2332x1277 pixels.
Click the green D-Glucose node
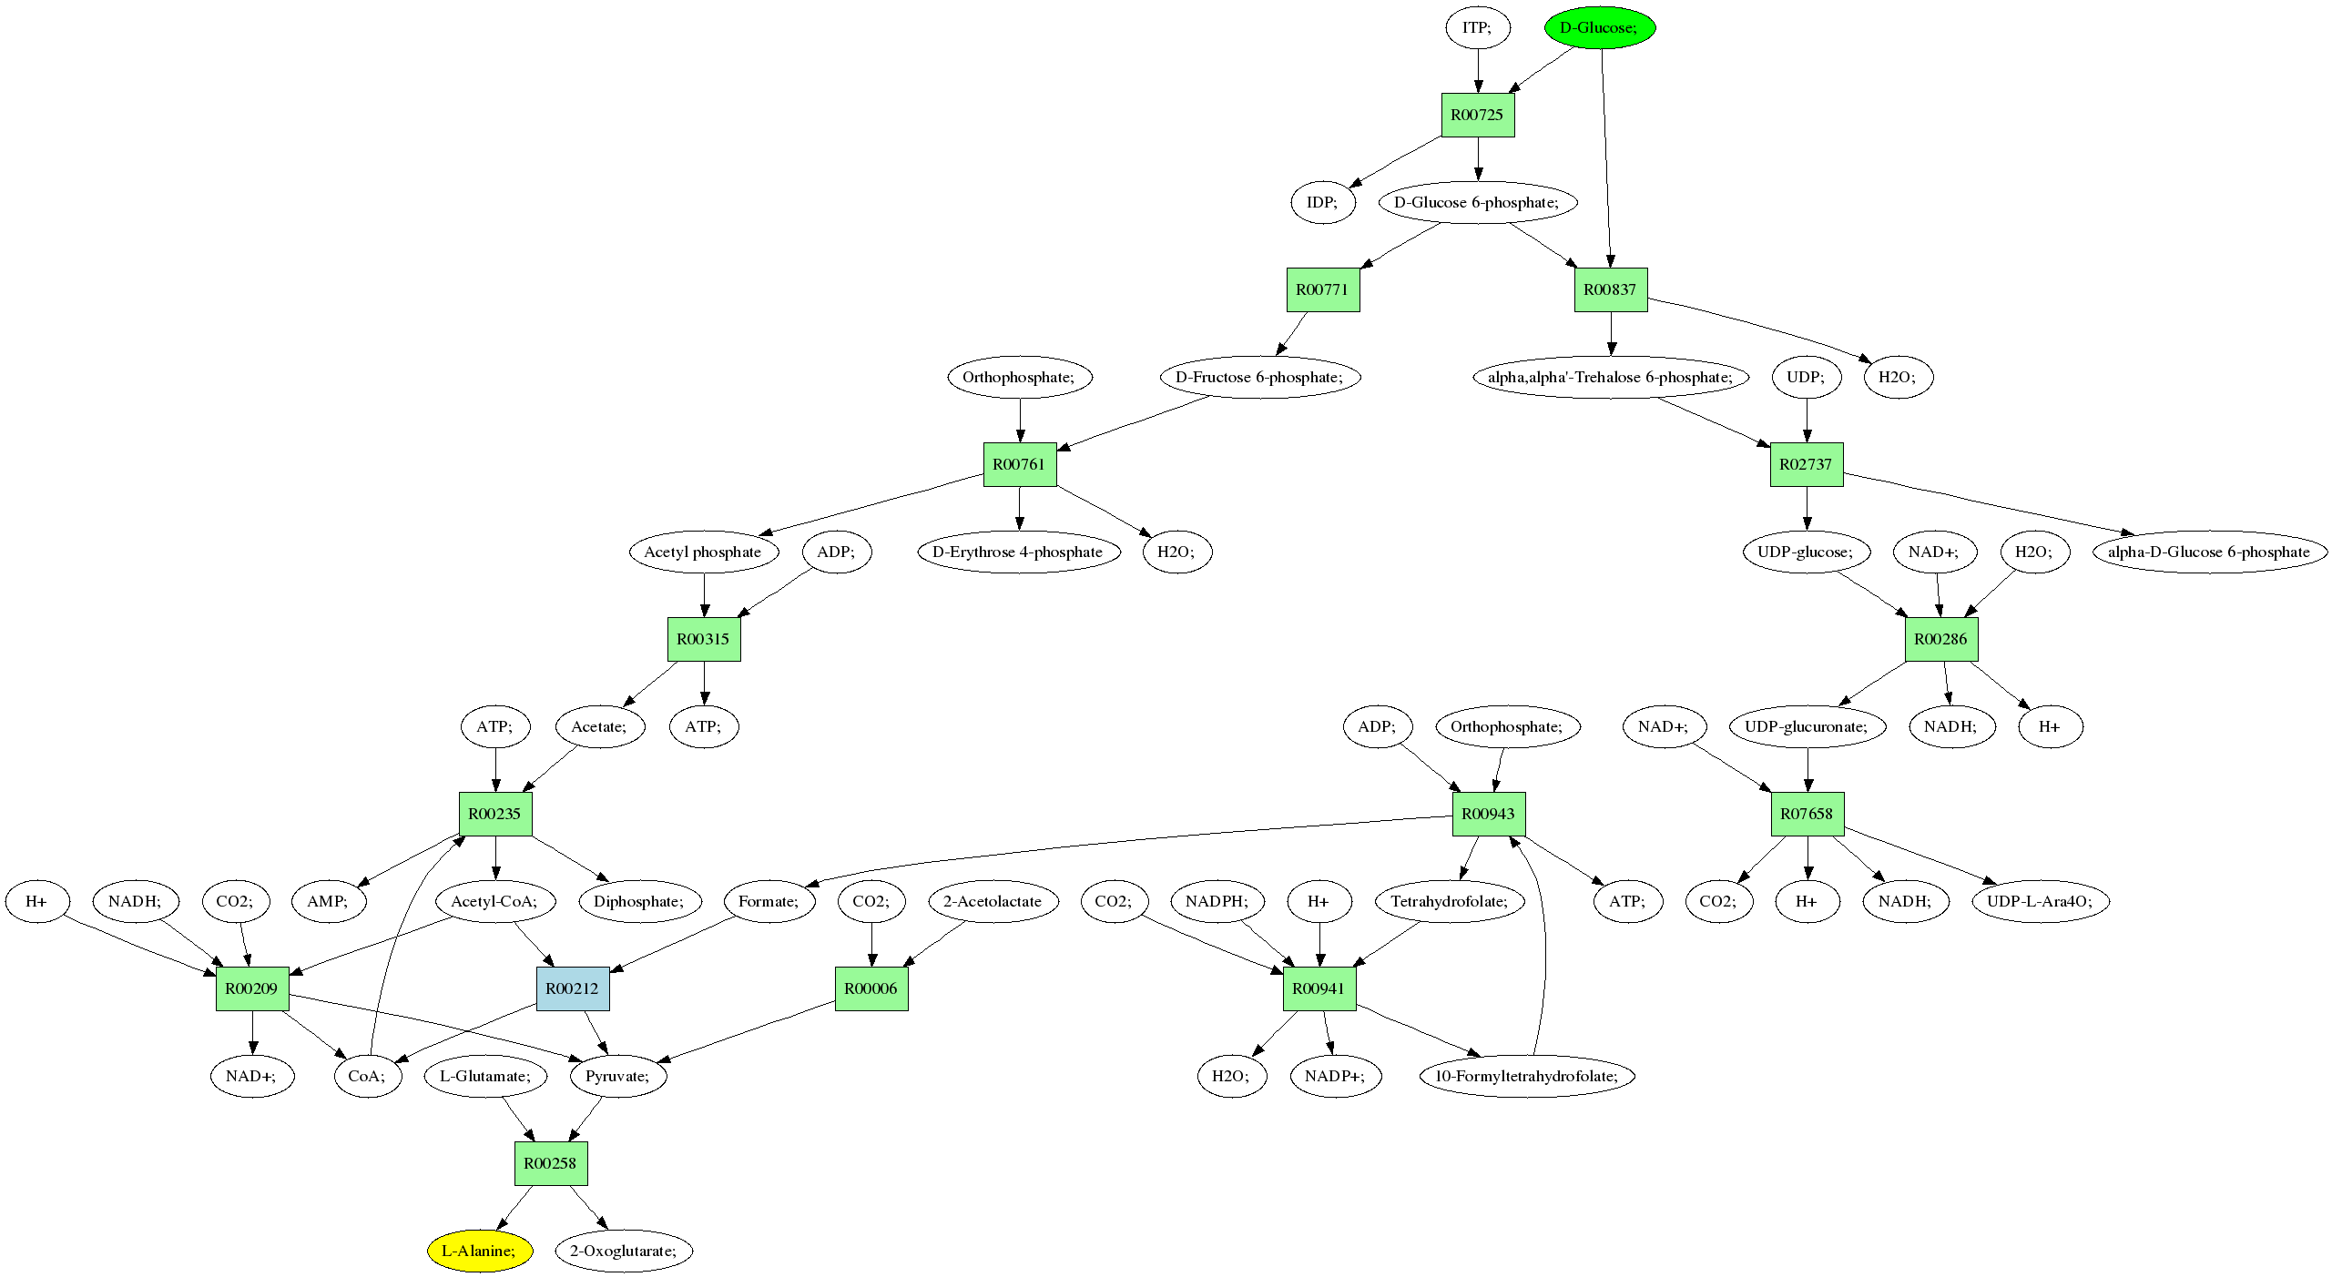(x=1599, y=27)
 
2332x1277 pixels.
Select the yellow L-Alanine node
(x=480, y=1251)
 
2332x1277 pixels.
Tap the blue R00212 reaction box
(x=572, y=988)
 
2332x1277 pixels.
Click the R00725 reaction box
(x=1477, y=115)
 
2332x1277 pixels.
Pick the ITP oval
(x=1477, y=27)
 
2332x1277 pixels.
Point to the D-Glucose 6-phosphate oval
(x=1477, y=202)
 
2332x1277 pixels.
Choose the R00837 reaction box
(x=1610, y=289)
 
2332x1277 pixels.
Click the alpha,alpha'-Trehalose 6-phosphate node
(x=1610, y=377)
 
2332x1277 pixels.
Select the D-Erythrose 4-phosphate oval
(x=1018, y=552)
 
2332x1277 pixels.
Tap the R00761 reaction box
(x=1019, y=464)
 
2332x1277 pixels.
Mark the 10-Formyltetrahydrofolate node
(x=1527, y=1076)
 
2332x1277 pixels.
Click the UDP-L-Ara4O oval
(x=2040, y=901)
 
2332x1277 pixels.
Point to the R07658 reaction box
(x=1807, y=814)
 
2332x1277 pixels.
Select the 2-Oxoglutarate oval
(x=624, y=1251)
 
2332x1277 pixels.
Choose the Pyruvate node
(x=617, y=1076)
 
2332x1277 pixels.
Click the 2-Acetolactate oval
(x=993, y=901)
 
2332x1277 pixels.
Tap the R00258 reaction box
(x=550, y=1163)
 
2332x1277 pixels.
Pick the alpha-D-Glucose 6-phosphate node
(x=2209, y=552)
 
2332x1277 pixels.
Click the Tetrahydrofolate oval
(x=1450, y=901)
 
